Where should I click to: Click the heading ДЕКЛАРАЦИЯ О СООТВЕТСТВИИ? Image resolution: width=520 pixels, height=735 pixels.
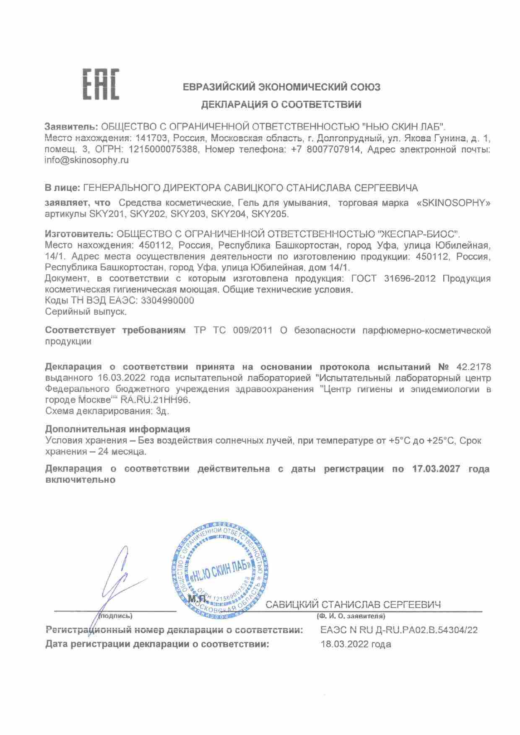click(x=281, y=105)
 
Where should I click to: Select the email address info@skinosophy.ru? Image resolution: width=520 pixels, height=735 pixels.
click(x=87, y=160)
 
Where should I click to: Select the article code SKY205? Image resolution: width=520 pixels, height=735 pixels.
click(x=270, y=214)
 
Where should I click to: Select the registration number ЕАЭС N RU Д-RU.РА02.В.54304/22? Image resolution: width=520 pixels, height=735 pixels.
click(x=399, y=630)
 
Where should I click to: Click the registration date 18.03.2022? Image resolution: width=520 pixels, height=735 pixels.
click(x=343, y=644)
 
